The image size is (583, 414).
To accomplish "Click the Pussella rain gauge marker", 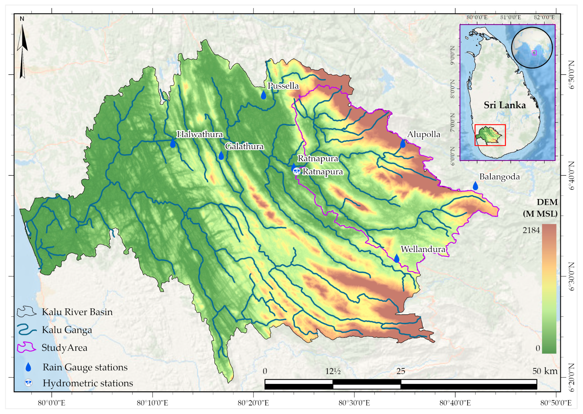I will pyautogui.click(x=263, y=95).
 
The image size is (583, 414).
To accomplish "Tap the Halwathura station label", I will pyautogui.click(x=200, y=134).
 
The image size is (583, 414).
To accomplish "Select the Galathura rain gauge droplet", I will pyautogui.click(x=221, y=155).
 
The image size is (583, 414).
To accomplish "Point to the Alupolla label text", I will pyautogui.click(x=423, y=134).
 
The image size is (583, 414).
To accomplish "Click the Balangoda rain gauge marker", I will pyautogui.click(x=475, y=186).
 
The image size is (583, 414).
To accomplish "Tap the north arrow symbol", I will pyautogui.click(x=22, y=51).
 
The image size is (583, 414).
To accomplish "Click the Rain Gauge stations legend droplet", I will pyautogui.click(x=28, y=367).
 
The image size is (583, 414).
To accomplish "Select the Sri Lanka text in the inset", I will pyautogui.click(x=505, y=105).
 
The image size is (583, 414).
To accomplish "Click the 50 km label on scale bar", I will pyautogui.click(x=545, y=371).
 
